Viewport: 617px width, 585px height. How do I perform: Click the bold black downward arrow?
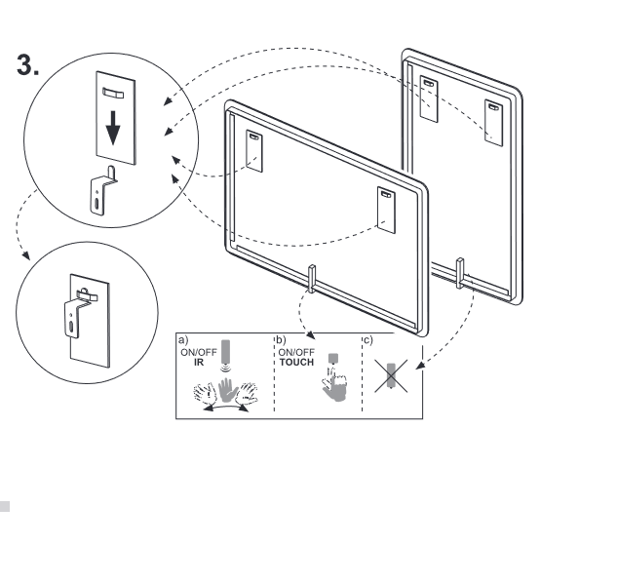[115, 126]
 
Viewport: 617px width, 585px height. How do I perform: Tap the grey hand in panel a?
[226, 394]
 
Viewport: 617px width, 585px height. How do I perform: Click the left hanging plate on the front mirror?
[255, 149]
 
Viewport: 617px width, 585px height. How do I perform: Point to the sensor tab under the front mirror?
[312, 277]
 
